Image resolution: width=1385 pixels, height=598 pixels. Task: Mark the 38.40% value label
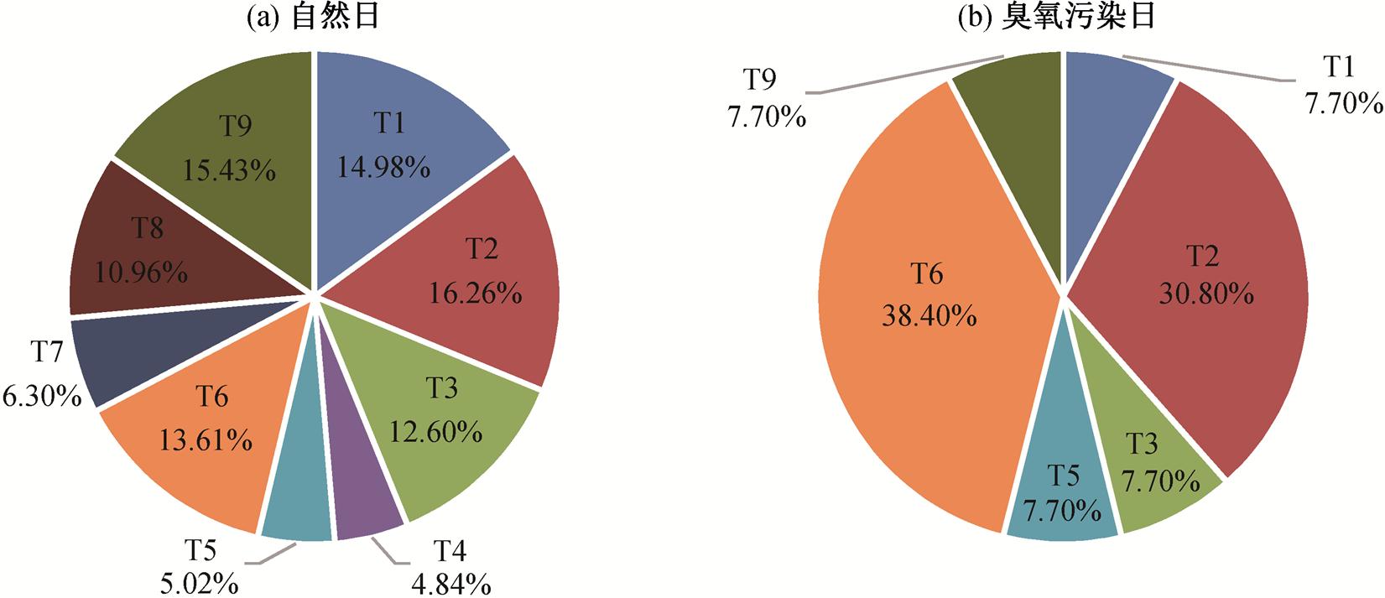click(x=928, y=316)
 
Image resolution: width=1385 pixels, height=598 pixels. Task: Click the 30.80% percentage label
click(x=1206, y=294)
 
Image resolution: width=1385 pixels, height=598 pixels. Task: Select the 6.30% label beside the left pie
click(x=41, y=396)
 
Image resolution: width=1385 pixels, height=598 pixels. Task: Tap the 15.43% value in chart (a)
click(x=229, y=172)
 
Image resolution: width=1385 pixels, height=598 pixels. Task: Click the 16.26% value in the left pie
click(x=476, y=294)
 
